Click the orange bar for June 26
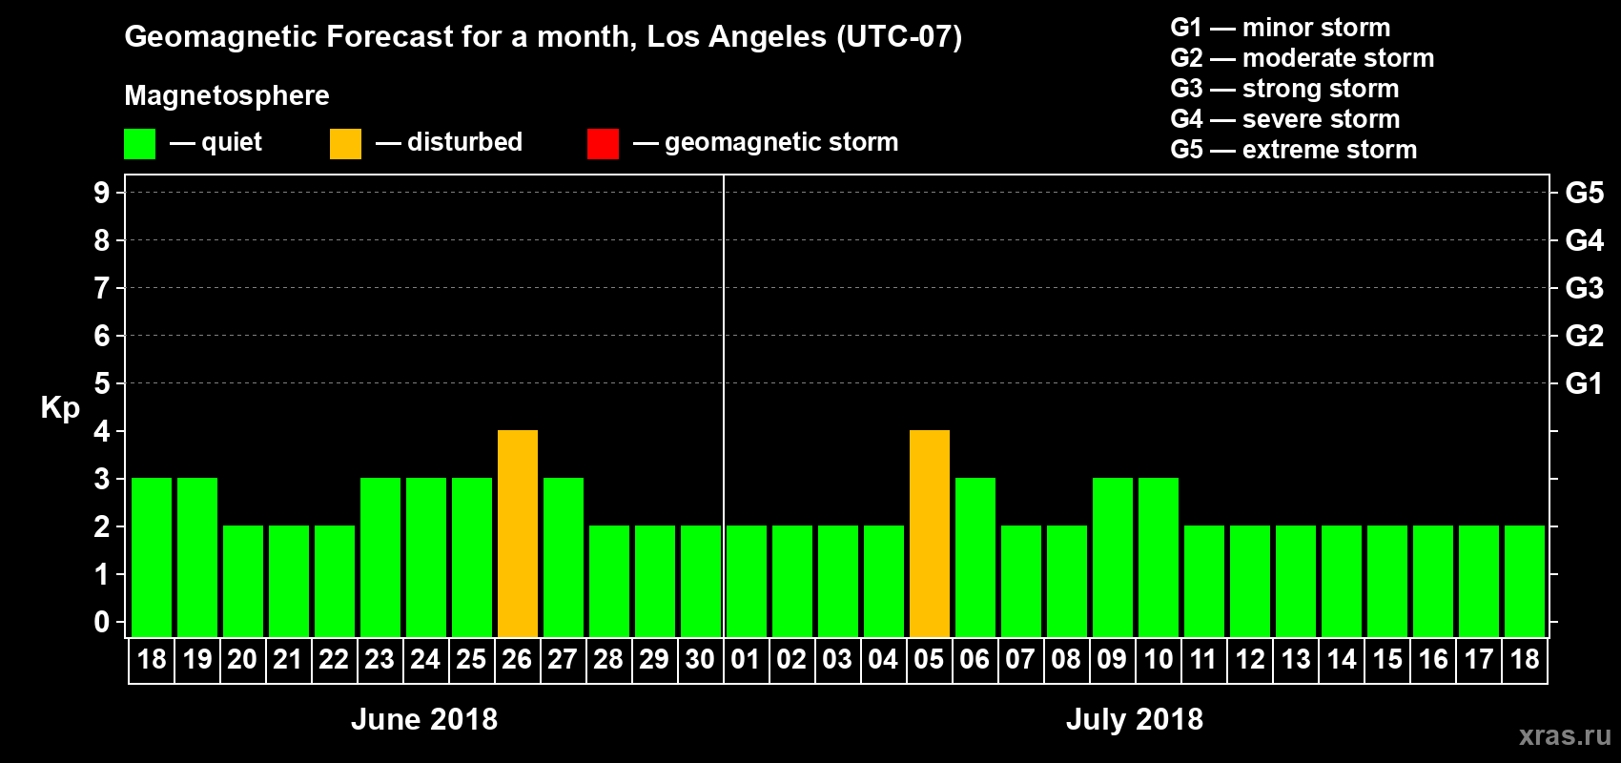click(518, 533)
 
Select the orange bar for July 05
click(930, 533)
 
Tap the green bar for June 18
click(152, 557)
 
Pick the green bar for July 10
click(1159, 557)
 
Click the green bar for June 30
click(701, 581)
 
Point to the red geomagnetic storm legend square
click(603, 144)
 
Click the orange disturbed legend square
click(345, 144)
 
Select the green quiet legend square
click(139, 144)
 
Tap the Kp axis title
click(60, 407)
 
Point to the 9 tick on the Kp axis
click(102, 193)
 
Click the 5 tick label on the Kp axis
click(102, 383)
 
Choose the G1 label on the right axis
click(1584, 383)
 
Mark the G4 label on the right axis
click(1584, 240)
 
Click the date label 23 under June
click(380, 660)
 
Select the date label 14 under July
click(1342, 660)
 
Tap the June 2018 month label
click(424, 719)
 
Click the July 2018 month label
click(1135, 719)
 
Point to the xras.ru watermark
click(1565, 735)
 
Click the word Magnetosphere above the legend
click(227, 95)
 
